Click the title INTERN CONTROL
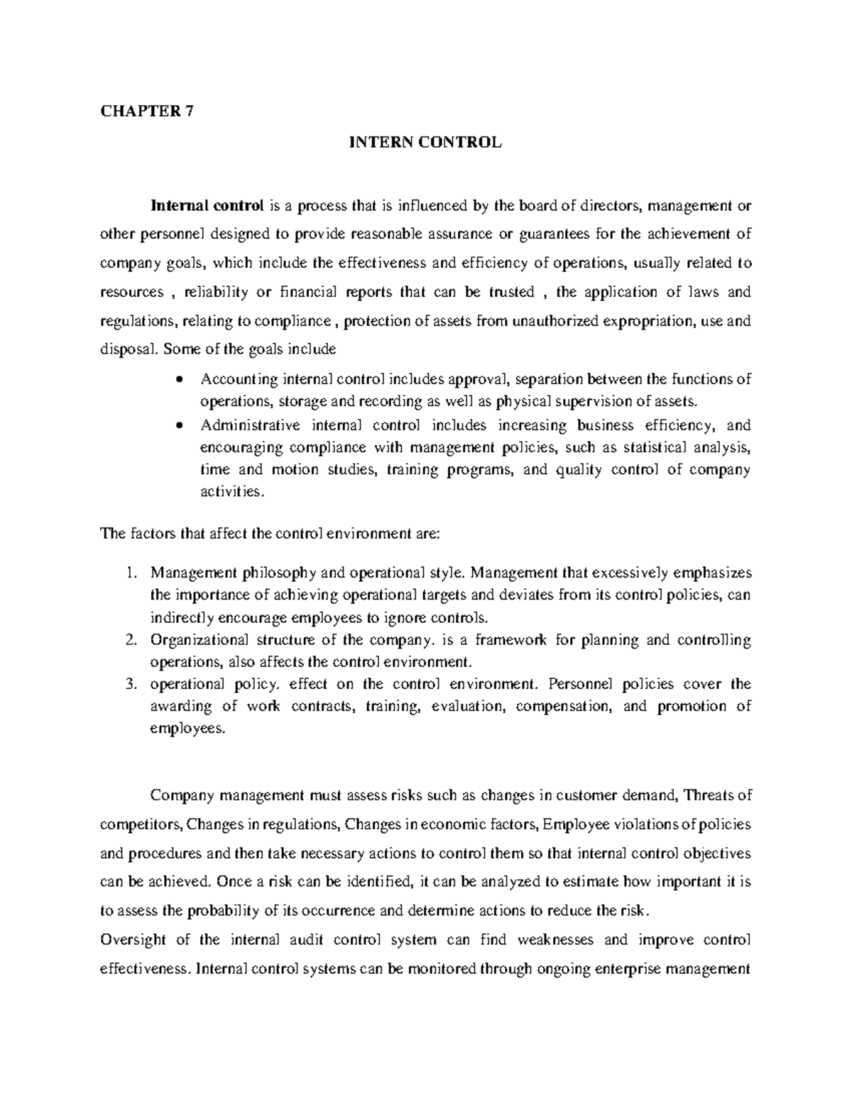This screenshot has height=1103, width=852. pyautogui.click(x=424, y=142)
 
